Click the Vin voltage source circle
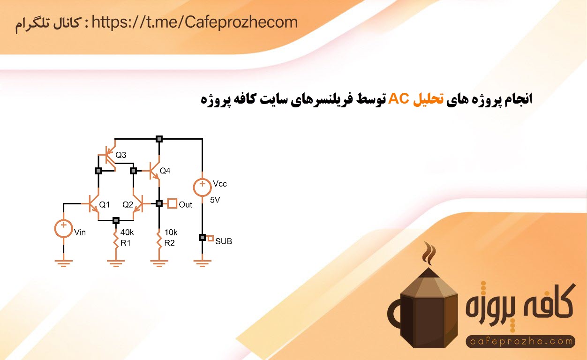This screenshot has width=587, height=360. click(x=63, y=228)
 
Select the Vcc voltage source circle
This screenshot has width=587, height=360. click(x=202, y=187)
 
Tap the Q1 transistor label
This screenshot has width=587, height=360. click(x=104, y=205)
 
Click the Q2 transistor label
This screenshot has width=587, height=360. click(x=128, y=205)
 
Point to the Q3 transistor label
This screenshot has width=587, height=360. click(x=121, y=155)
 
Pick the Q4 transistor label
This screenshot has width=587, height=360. click(x=165, y=171)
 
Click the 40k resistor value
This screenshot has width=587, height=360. click(x=127, y=232)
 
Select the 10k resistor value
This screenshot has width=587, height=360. click(x=171, y=232)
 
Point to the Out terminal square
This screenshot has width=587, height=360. click(x=172, y=203)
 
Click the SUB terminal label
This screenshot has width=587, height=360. click(x=224, y=241)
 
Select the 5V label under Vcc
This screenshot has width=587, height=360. click(x=215, y=200)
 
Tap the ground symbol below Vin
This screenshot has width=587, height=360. click(x=63, y=263)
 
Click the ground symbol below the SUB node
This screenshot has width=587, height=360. click(x=202, y=263)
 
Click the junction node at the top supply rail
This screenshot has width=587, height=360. click(x=159, y=139)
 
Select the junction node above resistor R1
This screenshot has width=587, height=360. click(x=116, y=221)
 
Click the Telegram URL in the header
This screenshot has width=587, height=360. click(x=195, y=22)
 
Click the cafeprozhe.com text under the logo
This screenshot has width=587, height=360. click(x=521, y=341)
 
